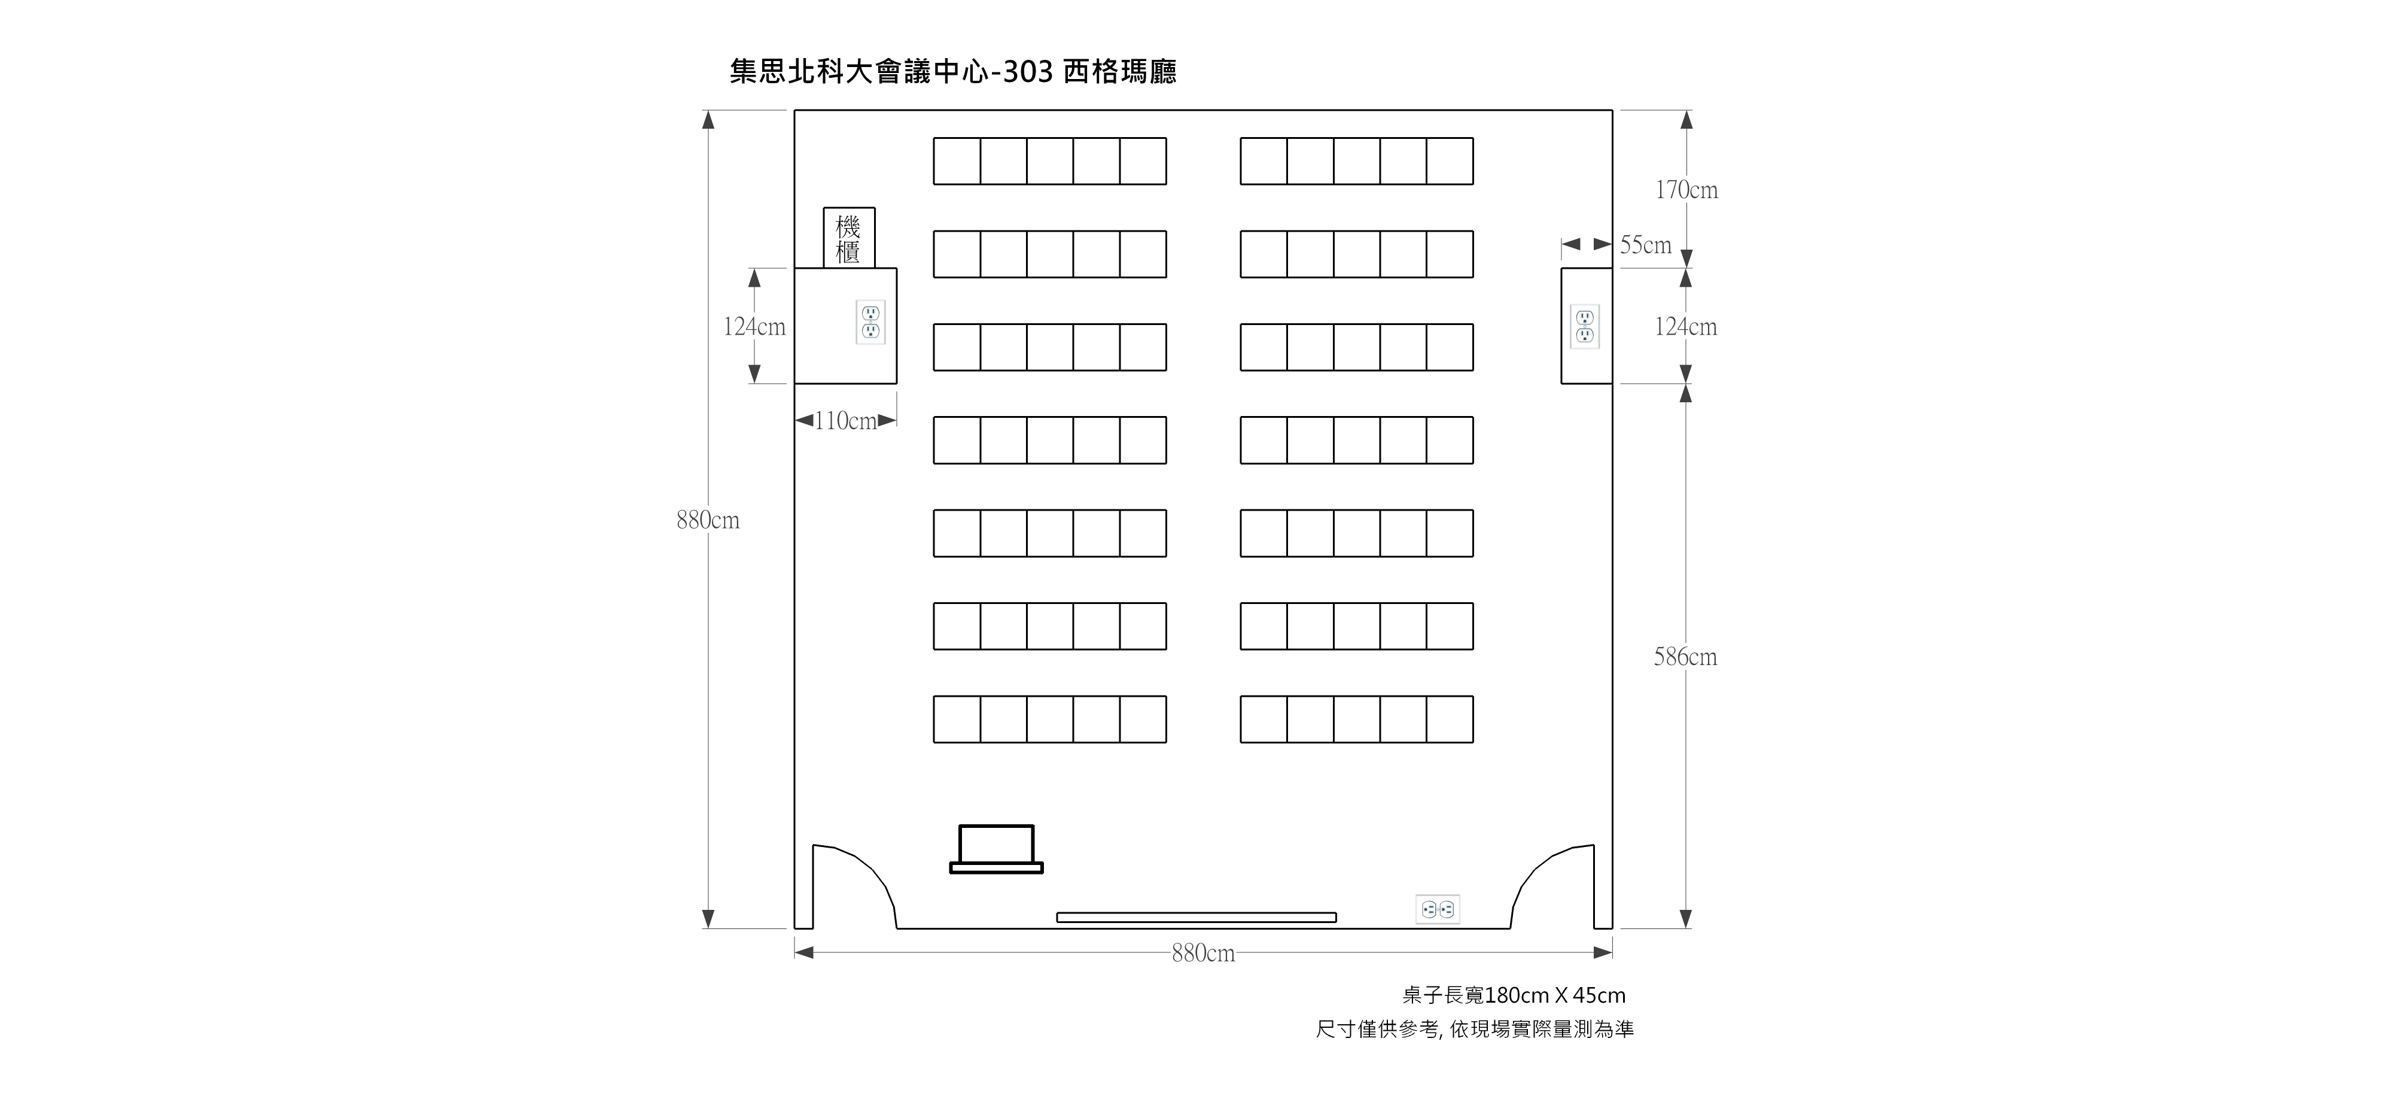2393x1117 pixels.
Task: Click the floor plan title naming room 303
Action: (953, 72)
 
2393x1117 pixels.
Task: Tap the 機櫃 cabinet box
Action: (849, 238)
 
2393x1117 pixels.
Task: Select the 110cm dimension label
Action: (845, 421)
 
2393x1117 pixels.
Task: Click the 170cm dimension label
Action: (1686, 190)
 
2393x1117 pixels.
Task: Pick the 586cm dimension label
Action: (1685, 657)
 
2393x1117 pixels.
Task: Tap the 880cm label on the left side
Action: (708, 520)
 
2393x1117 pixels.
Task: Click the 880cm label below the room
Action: (1203, 954)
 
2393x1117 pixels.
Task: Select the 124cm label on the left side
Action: (754, 327)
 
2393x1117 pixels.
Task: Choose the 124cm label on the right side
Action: (1685, 327)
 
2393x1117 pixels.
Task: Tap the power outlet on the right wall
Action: (1585, 326)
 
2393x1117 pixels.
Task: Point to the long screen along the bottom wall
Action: (1196, 917)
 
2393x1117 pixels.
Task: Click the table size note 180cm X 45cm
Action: (1514, 996)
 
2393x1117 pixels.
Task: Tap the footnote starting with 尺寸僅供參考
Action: (1474, 1030)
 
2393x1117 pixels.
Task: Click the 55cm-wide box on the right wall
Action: (1587, 326)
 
